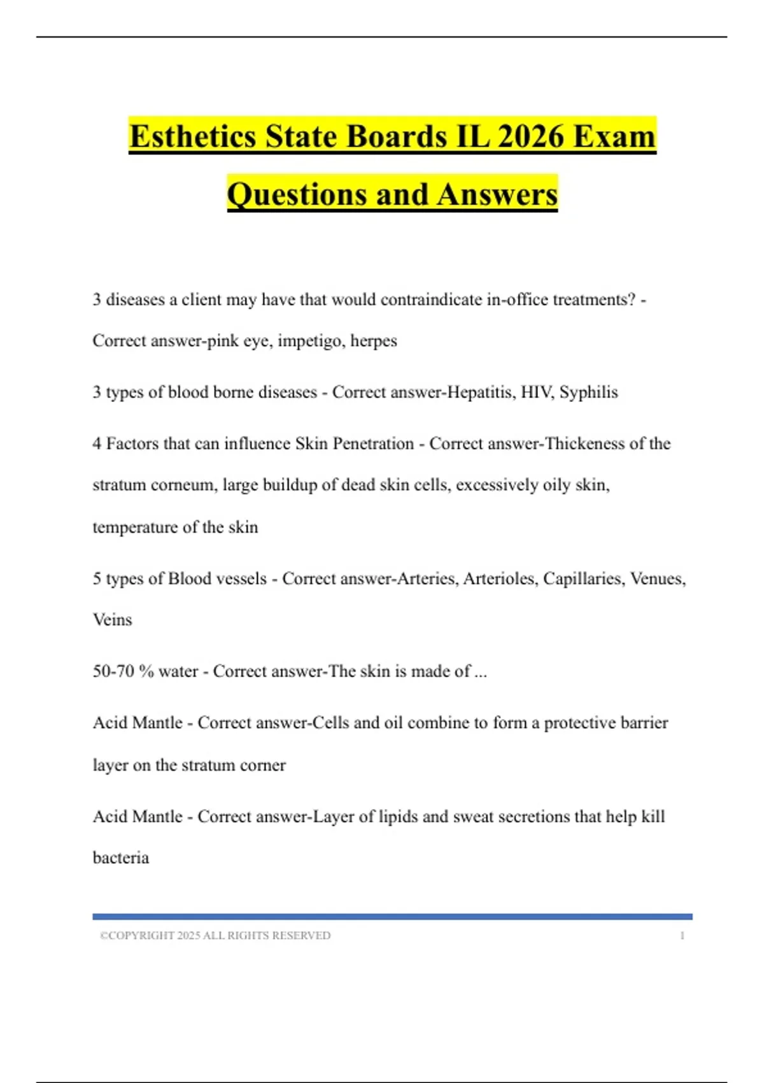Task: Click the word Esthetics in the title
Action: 193,136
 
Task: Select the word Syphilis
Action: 588,392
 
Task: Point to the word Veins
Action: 113,620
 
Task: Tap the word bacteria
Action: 121,858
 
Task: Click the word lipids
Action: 398,817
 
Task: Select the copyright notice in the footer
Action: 215,935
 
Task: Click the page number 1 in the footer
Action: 682,935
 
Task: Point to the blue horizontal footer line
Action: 392,917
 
